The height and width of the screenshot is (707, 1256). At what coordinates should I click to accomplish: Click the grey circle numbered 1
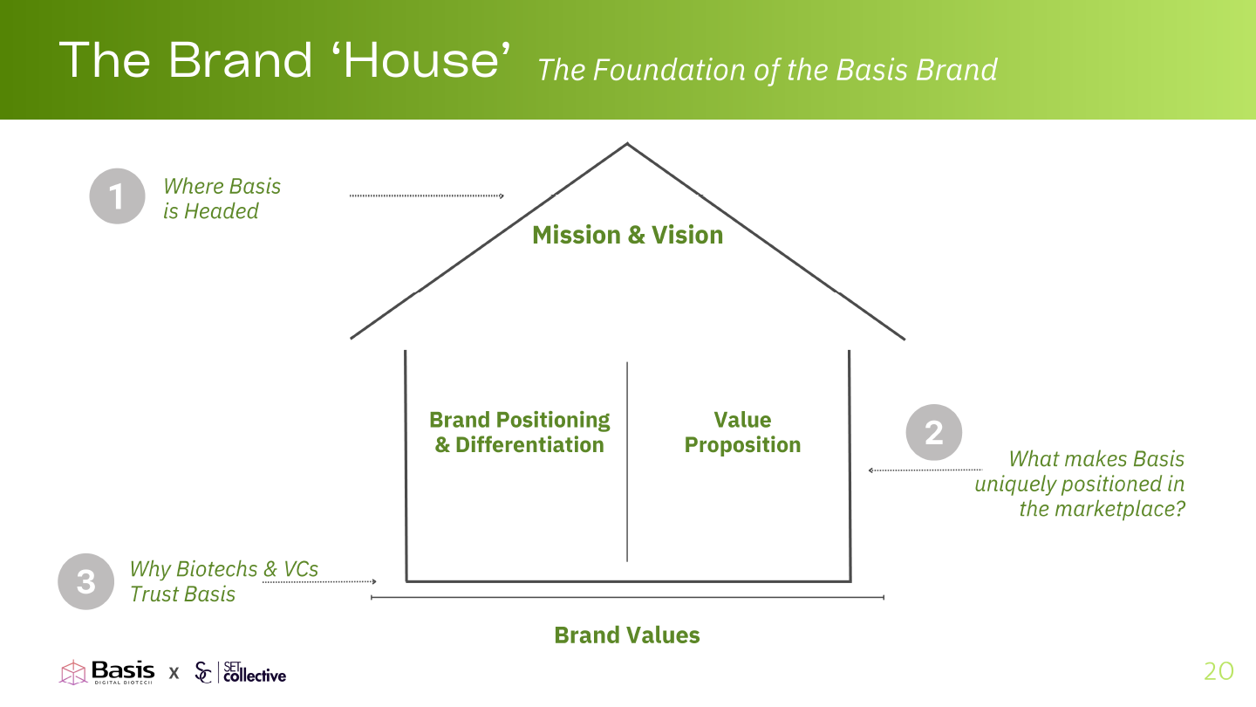coord(117,196)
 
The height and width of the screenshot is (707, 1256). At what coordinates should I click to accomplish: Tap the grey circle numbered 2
coord(934,432)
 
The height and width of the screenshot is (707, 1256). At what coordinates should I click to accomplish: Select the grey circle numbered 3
coord(86,581)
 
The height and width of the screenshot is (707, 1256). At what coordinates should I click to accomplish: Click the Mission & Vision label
coord(627,235)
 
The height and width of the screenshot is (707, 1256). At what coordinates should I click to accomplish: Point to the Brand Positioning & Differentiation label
coord(520,432)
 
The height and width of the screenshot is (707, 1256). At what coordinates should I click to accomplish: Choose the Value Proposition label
coord(742,432)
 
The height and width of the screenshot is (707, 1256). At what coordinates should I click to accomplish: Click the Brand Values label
coord(627,635)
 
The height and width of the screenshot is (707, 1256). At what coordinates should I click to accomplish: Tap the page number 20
coord(1218,671)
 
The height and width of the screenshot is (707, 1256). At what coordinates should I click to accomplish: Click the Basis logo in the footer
coord(107,671)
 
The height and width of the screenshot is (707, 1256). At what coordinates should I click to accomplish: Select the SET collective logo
coord(241,672)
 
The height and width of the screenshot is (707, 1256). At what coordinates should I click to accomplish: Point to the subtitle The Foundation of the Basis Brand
coord(767,70)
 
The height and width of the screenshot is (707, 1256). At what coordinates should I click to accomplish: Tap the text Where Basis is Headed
coord(222,198)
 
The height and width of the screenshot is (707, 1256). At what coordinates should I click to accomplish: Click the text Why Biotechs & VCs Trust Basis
coord(223,581)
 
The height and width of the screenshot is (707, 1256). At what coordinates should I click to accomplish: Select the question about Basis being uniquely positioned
coord(1080,483)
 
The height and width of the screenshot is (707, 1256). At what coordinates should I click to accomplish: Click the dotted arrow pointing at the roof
coord(427,196)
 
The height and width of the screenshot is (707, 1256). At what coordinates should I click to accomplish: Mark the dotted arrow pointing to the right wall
coord(925,470)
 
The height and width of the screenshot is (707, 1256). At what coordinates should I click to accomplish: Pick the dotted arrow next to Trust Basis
coord(319,581)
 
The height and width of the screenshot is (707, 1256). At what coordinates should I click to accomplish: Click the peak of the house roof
coord(627,144)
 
